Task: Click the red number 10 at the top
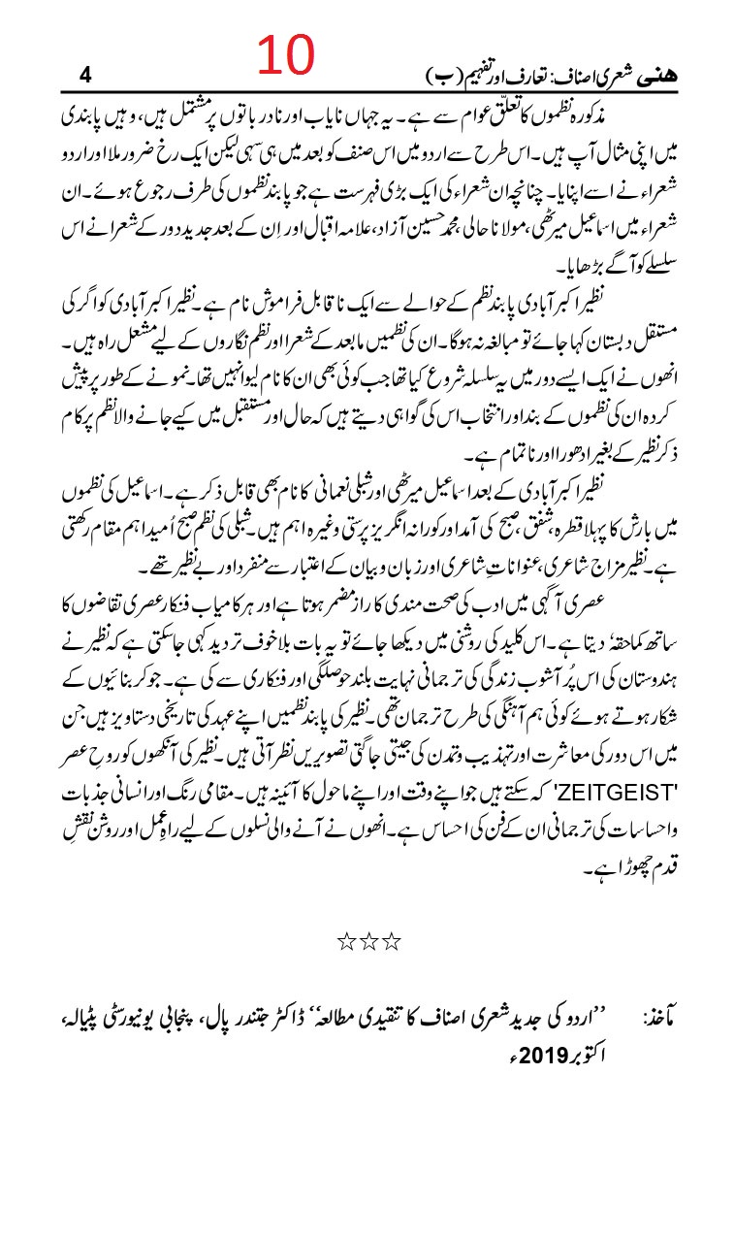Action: click(282, 57)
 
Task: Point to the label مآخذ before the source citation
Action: click(663, 1021)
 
